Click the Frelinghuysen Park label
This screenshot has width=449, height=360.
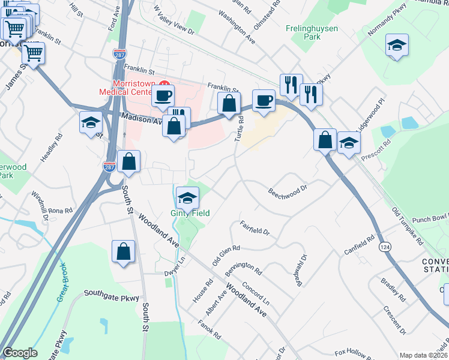[311, 32]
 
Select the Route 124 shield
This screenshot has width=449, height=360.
[384, 246]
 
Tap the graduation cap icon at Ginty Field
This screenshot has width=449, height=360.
[187, 198]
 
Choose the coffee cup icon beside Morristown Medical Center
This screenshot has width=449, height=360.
[162, 95]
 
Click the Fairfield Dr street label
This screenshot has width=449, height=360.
[256, 228]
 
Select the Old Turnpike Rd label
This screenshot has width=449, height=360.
[408, 225]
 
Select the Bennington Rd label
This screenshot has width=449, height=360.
[243, 265]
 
